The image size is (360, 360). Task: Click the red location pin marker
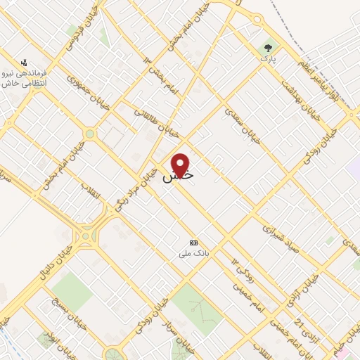click(181, 165)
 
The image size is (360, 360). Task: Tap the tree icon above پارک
click(267, 49)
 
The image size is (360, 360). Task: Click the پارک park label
click(266, 60)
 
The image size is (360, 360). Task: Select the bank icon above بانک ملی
click(193, 240)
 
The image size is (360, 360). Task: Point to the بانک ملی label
click(193, 250)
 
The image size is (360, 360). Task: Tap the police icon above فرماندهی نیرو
click(25, 62)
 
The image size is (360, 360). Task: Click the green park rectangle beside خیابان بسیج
click(71, 292)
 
